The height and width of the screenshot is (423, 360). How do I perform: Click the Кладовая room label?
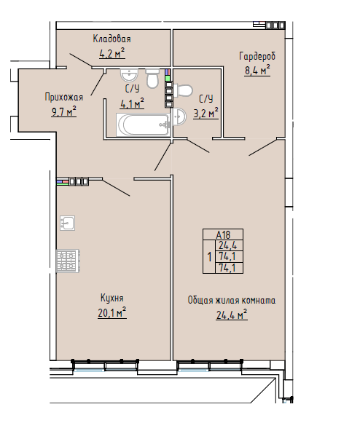[111, 39]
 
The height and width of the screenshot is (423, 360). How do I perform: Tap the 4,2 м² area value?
[112, 53]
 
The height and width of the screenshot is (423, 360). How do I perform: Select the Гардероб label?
[257, 56]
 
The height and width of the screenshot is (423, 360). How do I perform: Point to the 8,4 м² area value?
[257, 70]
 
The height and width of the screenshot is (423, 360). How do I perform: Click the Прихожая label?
[63, 97]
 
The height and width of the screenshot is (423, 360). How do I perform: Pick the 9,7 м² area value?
[63, 111]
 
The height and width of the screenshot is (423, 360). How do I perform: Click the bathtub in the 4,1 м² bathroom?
[143, 124]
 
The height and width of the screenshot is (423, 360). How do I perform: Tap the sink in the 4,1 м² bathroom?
[130, 75]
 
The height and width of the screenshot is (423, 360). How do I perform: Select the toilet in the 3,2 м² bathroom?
[183, 90]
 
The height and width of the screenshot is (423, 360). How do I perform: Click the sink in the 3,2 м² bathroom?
[179, 116]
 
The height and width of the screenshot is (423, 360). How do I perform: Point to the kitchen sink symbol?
[67, 223]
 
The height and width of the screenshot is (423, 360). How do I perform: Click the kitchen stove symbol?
[68, 261]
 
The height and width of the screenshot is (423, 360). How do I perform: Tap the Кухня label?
[112, 298]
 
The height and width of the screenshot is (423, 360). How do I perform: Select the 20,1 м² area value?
[112, 312]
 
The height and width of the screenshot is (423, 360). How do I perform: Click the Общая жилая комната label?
[232, 300]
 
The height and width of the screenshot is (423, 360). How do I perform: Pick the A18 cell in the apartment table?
[223, 234]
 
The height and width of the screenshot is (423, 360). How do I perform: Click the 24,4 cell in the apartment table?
[227, 245]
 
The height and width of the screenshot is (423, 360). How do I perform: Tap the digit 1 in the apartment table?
[209, 257]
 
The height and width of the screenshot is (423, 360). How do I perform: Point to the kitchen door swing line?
[116, 187]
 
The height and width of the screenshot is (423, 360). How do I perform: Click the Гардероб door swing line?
[263, 147]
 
